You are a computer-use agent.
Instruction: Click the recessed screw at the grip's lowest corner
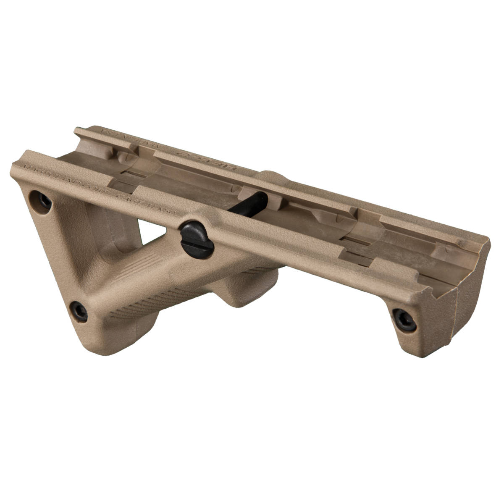(x=78, y=311)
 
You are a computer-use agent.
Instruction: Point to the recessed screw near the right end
(x=404, y=320)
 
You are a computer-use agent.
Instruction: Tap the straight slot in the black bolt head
(x=196, y=239)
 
